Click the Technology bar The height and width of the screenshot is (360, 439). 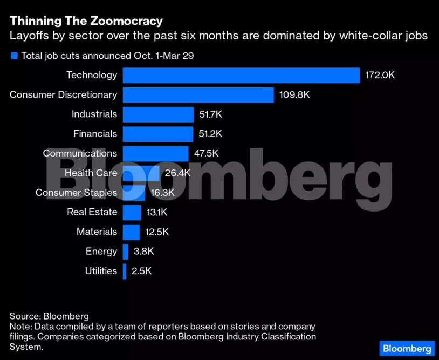pyautogui.click(x=241, y=75)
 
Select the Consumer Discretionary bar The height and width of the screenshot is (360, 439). pyautogui.click(x=198, y=94)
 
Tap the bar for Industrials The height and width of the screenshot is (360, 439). pyautogui.click(x=158, y=114)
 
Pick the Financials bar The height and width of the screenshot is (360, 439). pyautogui.click(x=157, y=133)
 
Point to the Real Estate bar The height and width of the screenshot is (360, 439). pyautogui.click(x=132, y=212)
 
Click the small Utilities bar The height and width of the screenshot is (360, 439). pyautogui.click(x=125, y=271)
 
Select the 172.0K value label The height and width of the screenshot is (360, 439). pyautogui.click(x=380, y=75)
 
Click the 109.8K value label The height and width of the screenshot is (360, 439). pyautogui.click(x=294, y=94)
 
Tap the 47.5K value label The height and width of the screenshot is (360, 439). pyautogui.click(x=206, y=153)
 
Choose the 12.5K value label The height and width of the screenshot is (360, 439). pyautogui.click(x=157, y=232)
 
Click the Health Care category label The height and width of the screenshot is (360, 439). pyautogui.click(x=91, y=173)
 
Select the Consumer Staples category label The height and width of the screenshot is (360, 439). pyautogui.click(x=76, y=193)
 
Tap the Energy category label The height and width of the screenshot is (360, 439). pyautogui.click(x=101, y=251)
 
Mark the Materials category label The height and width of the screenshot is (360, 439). pyautogui.click(x=97, y=232)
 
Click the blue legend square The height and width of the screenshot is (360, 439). pyautogui.click(x=13, y=56)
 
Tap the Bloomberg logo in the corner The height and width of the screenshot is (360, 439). pyautogui.click(x=407, y=348)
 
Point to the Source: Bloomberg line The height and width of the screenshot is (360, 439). pyautogui.click(x=49, y=316)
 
